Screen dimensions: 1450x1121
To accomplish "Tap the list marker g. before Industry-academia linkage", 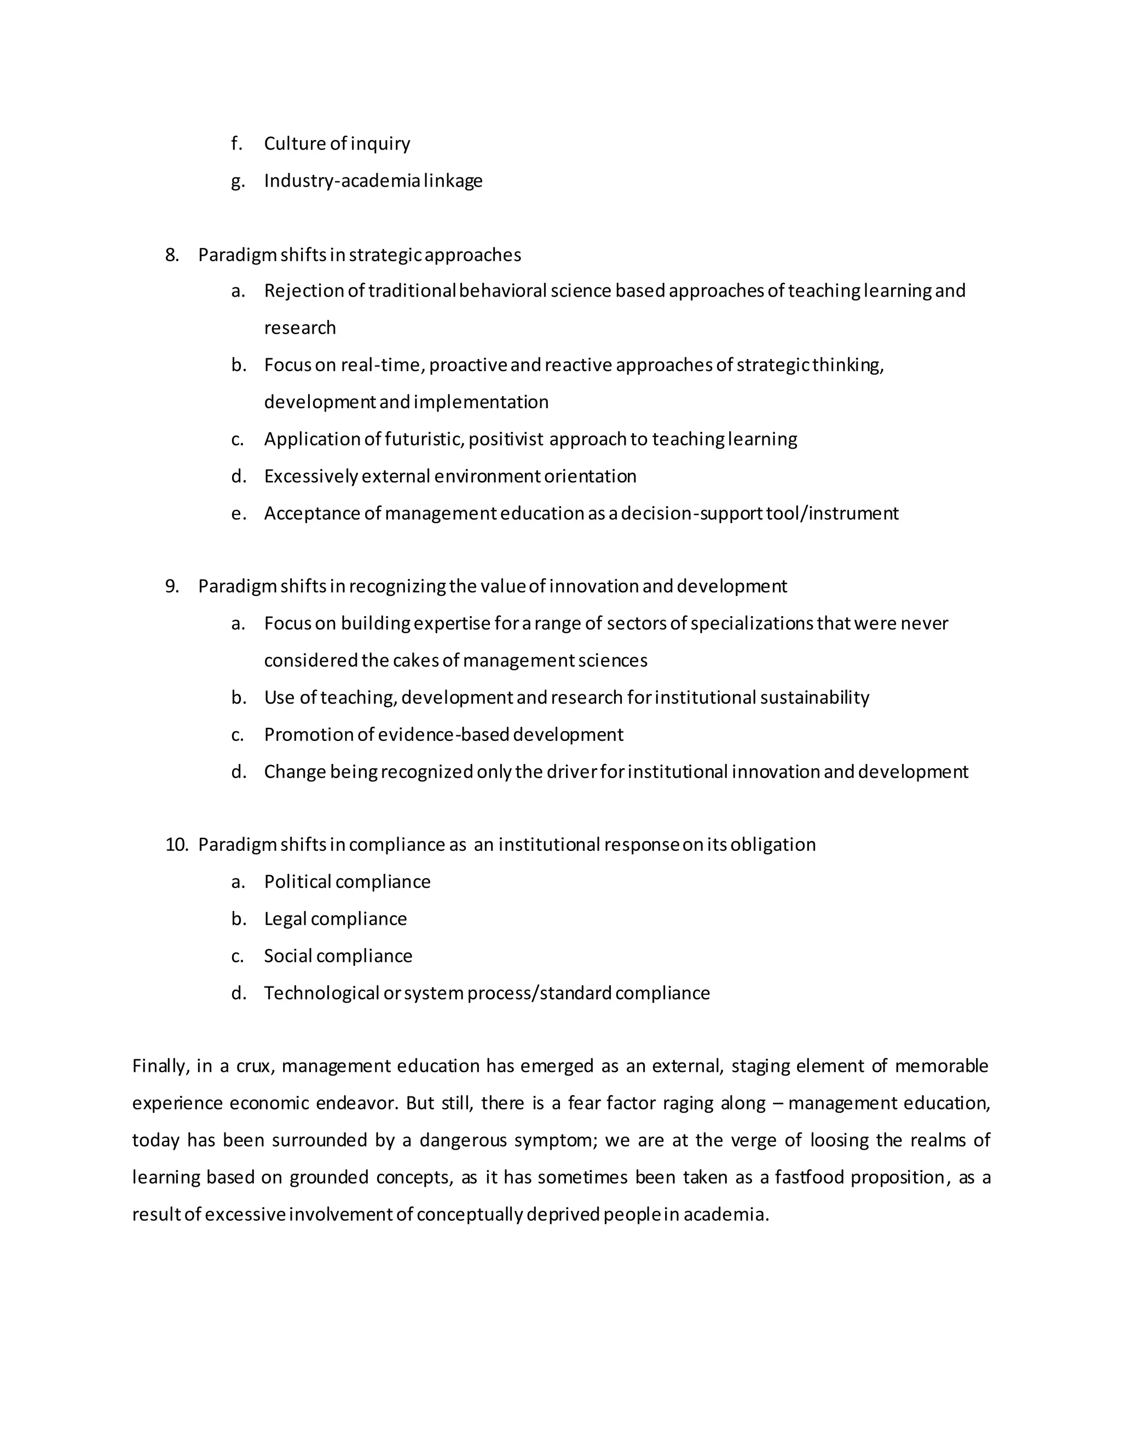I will tap(237, 181).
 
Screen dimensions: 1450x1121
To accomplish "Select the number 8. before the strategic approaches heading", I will tap(172, 255).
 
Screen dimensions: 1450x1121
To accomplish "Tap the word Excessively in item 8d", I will tap(311, 477).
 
